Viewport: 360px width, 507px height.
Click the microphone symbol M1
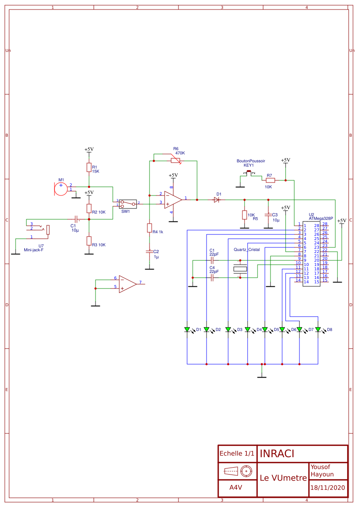[x=61, y=189]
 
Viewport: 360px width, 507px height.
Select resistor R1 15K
[x=89, y=168]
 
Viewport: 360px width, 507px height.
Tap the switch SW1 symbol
[x=128, y=203]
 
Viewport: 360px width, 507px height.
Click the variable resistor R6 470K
[x=175, y=161]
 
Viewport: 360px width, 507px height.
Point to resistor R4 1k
[x=150, y=228]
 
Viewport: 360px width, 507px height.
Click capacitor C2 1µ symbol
[x=150, y=251]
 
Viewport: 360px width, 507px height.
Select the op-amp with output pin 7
[x=127, y=284]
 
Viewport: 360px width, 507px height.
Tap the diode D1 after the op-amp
[x=217, y=200]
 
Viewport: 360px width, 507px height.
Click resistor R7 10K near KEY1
[x=270, y=180]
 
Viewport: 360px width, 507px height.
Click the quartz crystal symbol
[x=240, y=269]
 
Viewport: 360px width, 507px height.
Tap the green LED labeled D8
[x=318, y=330]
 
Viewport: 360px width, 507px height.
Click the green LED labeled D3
[x=228, y=330]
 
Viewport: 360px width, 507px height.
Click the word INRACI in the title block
[x=277, y=454]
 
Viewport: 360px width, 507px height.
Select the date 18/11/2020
[x=328, y=488]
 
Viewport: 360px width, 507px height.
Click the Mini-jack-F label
[x=34, y=250]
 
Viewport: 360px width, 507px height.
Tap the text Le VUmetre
[x=283, y=478]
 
